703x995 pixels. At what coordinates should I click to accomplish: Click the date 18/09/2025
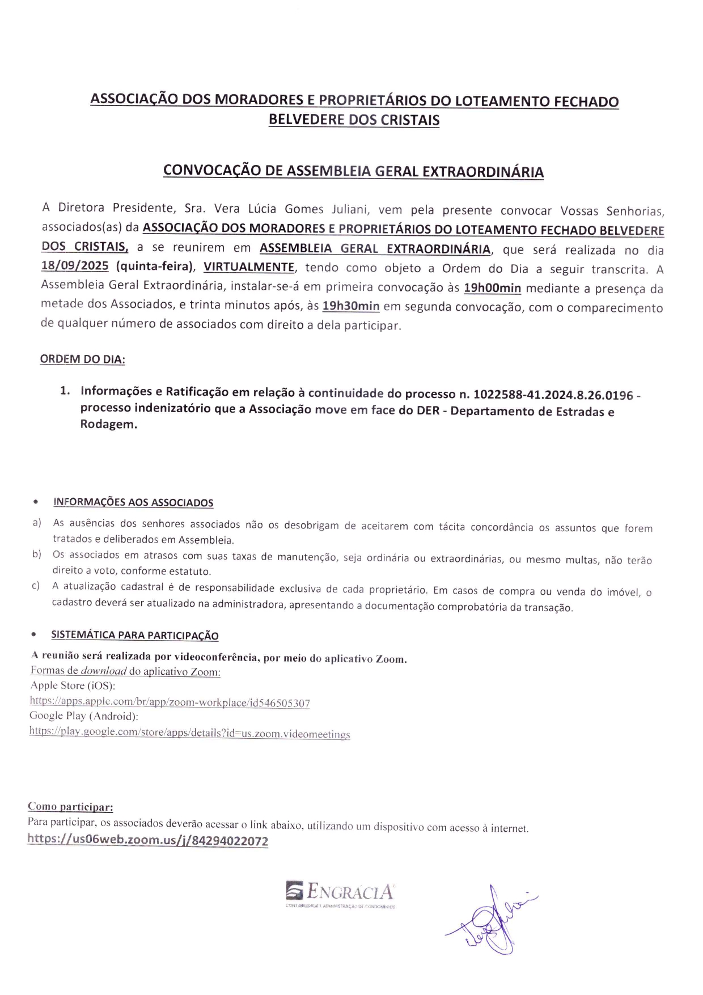(x=75, y=265)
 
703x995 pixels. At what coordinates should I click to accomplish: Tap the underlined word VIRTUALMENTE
(x=249, y=267)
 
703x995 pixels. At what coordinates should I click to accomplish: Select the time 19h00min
(x=492, y=287)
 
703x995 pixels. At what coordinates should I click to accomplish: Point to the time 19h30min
(x=351, y=306)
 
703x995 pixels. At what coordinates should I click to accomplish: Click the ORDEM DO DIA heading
(x=82, y=359)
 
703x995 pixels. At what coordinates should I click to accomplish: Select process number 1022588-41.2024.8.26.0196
(x=553, y=395)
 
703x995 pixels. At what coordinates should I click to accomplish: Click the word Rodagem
(x=108, y=424)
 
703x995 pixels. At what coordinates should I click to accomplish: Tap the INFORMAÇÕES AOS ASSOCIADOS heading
(x=133, y=502)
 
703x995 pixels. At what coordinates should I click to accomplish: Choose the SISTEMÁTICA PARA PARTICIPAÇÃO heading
(x=134, y=635)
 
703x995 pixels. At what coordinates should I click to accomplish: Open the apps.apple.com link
(x=170, y=702)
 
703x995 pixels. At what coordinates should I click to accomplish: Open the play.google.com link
(x=189, y=733)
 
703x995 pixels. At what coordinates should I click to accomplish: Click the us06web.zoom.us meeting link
(x=147, y=840)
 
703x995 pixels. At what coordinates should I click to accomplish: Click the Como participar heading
(x=70, y=806)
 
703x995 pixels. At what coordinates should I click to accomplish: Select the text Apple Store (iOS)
(x=73, y=685)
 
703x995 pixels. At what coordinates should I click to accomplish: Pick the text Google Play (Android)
(x=84, y=716)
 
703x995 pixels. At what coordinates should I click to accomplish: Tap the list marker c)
(x=36, y=586)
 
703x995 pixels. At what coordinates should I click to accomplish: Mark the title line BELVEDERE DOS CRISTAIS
(x=354, y=120)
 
